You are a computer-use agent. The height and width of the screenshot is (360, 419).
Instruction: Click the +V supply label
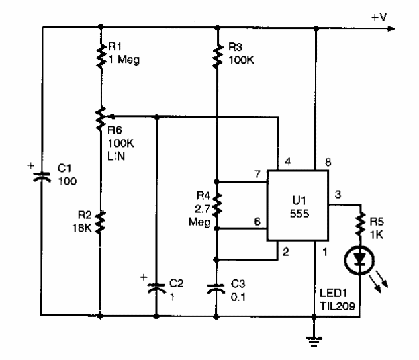[x=379, y=15]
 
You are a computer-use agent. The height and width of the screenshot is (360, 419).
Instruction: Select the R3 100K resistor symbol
[x=217, y=53]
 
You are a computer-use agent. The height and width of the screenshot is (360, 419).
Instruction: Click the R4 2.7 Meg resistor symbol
[x=217, y=206]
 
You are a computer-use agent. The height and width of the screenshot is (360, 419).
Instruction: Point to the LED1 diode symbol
[x=361, y=259]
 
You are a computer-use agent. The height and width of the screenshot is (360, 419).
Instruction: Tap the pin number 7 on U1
[x=256, y=175]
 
